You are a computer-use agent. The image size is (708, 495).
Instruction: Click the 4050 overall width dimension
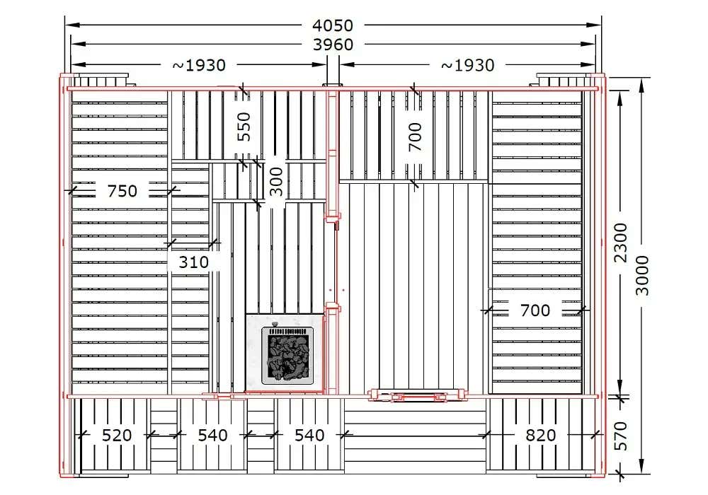pyautogui.click(x=333, y=25)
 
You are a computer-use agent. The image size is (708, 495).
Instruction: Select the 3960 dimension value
pyautogui.click(x=333, y=45)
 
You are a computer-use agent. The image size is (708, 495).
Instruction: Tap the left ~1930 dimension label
pyautogui.click(x=199, y=65)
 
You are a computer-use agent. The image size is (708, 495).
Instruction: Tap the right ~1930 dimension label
pyautogui.click(x=467, y=65)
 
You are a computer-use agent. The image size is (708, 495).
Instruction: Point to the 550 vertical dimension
pyautogui.click(x=244, y=127)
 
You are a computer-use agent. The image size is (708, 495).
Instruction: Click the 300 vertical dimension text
pyautogui.click(x=276, y=182)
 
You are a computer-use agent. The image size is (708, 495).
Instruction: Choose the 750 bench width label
pyautogui.click(x=122, y=191)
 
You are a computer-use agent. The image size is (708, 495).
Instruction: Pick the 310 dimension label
pyautogui.click(x=194, y=262)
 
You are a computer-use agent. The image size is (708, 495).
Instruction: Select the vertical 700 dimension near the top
pyautogui.click(x=414, y=136)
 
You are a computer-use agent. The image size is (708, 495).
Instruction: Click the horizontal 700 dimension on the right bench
pyautogui.click(x=535, y=310)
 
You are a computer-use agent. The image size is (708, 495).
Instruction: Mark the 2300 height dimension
pyautogui.click(x=620, y=243)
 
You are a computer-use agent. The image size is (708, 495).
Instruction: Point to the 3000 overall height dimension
pyautogui.click(x=641, y=276)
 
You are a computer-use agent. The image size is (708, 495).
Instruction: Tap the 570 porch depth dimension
pyautogui.click(x=621, y=436)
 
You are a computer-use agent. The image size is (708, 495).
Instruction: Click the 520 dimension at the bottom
pyautogui.click(x=117, y=435)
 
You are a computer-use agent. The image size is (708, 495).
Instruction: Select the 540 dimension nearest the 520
pyautogui.click(x=212, y=435)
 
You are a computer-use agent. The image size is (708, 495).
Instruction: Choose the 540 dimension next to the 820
pyautogui.click(x=309, y=435)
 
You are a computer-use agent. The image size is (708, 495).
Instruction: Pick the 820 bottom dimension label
pyautogui.click(x=540, y=435)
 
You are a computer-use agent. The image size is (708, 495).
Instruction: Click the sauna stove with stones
pyautogui.click(x=287, y=356)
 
